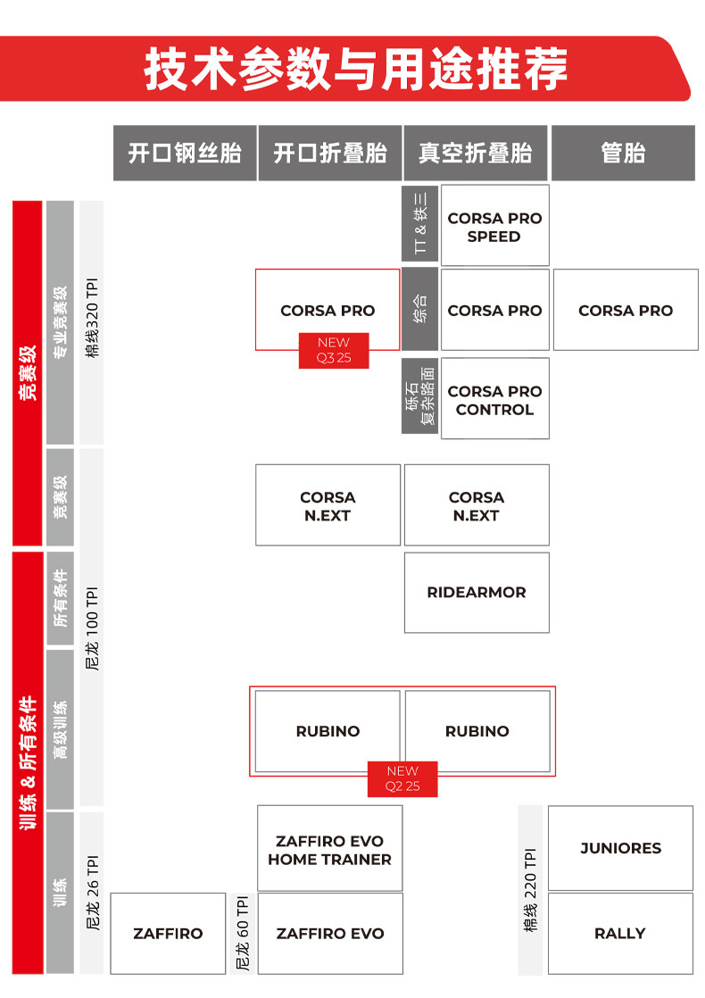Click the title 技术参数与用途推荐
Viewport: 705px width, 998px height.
coord(356,69)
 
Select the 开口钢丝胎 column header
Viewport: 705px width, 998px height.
coord(185,154)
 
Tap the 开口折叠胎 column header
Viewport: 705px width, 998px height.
coord(330,154)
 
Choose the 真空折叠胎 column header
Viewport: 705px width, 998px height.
coord(476,154)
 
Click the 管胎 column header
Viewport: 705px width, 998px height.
coord(623,154)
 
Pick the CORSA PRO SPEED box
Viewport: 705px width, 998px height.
coord(495,225)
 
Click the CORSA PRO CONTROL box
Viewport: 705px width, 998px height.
coord(495,398)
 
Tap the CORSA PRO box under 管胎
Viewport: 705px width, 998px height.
coord(626,310)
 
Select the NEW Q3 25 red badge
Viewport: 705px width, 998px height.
coord(334,351)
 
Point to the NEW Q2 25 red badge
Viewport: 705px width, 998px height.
coord(402,779)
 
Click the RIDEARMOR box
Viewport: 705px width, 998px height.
coord(477,593)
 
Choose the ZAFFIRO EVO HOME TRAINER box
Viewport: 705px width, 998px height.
coord(329,848)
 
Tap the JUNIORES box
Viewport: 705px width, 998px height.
coord(620,848)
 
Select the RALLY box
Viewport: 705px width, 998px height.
coord(620,934)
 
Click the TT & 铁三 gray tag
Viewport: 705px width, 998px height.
coord(420,223)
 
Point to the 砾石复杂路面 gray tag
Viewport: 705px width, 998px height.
coord(420,395)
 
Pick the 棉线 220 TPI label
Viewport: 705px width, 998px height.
coord(530,890)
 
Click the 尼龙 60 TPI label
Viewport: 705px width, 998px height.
coord(243,934)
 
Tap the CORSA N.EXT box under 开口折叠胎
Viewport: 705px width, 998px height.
coord(328,505)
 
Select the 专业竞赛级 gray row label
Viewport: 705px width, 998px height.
coord(60,322)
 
